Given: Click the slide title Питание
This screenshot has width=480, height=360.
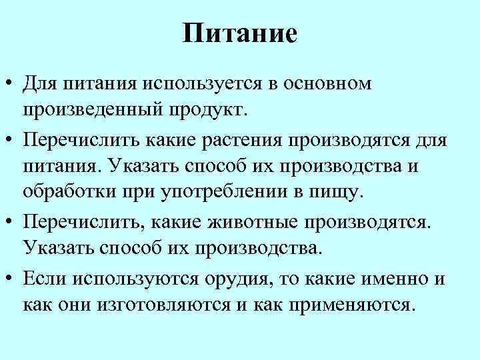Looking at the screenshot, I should [239, 33].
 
